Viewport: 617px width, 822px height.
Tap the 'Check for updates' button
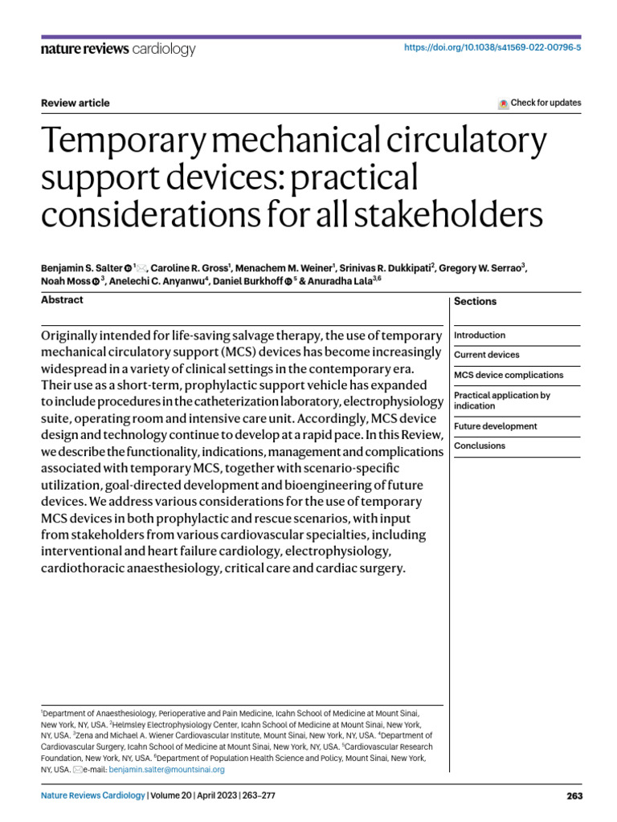[x=540, y=103]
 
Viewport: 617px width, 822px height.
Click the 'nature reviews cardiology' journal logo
[x=117, y=50]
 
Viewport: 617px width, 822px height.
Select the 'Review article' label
[x=75, y=103]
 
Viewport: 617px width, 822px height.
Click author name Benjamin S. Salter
[x=80, y=267]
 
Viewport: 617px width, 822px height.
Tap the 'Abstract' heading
[x=62, y=300]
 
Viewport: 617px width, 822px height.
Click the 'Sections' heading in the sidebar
[x=475, y=302]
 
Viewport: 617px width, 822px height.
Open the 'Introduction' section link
[x=480, y=336]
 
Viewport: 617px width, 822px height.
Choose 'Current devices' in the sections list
[x=486, y=355]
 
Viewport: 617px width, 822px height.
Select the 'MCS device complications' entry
[x=509, y=375]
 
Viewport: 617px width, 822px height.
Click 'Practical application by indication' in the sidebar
[x=502, y=401]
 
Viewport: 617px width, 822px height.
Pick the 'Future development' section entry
[x=495, y=426]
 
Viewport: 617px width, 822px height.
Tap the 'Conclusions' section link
[x=480, y=446]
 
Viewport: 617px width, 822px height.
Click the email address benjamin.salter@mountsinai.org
[x=166, y=769]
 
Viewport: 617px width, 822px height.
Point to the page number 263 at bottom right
[x=574, y=796]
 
